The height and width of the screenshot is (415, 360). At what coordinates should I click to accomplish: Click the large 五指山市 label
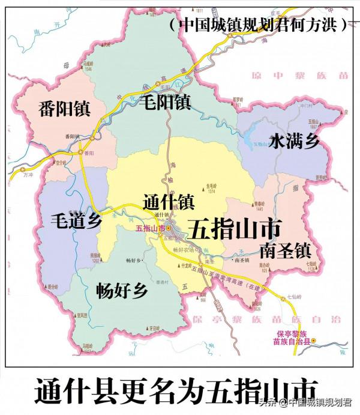pyautogui.click(x=235, y=228)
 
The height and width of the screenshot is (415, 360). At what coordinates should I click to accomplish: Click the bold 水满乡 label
pyautogui.click(x=295, y=142)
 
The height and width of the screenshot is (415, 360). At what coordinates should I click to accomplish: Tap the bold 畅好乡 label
pyautogui.click(x=121, y=291)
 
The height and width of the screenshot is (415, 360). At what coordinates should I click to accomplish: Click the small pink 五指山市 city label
pyautogui.click(x=150, y=228)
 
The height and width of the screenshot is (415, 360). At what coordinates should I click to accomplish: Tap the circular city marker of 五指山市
pyautogui.click(x=169, y=228)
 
